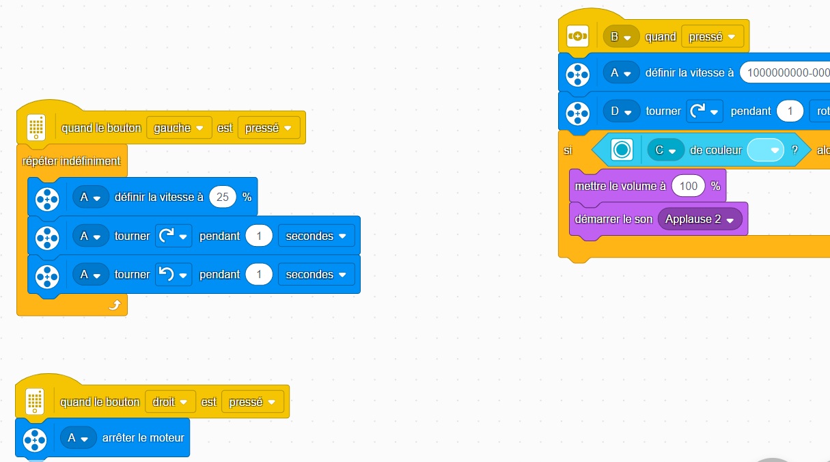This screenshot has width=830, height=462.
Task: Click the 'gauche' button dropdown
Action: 179,128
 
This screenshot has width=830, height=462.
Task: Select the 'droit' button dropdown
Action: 171,402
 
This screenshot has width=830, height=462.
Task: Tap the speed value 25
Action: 223,197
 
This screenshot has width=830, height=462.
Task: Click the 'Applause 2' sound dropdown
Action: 700,220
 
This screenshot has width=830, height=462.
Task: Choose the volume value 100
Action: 688,186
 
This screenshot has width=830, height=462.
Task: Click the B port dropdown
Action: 621,37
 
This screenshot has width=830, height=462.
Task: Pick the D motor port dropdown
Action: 621,111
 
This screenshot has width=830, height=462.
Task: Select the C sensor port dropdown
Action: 665,150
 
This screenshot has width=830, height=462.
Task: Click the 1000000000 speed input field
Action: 786,72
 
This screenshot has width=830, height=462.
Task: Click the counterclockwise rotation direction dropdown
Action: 174,274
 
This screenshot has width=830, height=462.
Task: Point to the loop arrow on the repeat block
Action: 114,305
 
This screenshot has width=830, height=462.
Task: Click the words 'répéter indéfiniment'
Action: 71,161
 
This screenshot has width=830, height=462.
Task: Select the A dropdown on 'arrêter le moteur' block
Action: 79,437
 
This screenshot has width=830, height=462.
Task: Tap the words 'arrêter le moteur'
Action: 143,437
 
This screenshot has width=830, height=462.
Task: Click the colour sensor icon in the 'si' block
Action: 621,150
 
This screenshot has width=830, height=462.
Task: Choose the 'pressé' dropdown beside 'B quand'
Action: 713,37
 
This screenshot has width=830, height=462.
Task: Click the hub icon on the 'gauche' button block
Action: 36,127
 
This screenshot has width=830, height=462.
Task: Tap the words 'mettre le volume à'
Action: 620,186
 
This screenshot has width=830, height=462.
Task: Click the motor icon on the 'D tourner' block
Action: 578,111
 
